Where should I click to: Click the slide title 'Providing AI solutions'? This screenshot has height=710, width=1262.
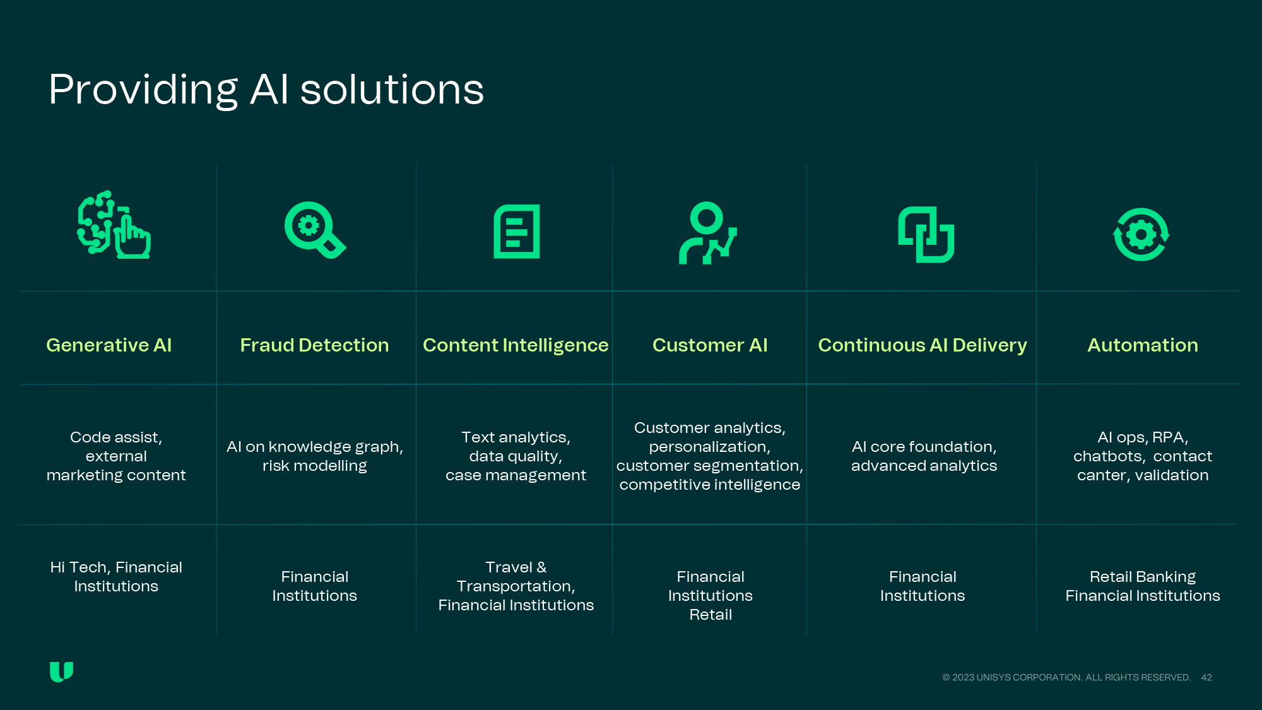pos(266,90)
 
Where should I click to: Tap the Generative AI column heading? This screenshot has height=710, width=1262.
pos(109,345)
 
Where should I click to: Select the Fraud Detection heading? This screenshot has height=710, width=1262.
pos(314,345)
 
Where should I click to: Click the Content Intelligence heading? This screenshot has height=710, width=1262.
pos(516,345)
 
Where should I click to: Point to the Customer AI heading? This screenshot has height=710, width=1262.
pos(710,345)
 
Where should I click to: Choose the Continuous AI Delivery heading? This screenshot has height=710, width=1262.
pos(923,345)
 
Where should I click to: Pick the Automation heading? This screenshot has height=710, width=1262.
pos(1142,345)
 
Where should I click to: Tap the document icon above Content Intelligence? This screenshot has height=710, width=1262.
pos(516,231)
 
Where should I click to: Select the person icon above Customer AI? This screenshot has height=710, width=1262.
pos(707,232)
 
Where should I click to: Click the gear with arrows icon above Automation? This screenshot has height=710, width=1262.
pos(1141,234)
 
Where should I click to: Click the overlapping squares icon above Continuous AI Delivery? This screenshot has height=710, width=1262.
pos(926,234)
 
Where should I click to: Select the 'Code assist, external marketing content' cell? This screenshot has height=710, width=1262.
pos(116,456)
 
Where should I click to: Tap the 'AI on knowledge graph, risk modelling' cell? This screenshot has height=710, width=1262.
pos(314,456)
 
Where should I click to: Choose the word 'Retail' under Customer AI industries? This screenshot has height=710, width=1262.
pos(711,615)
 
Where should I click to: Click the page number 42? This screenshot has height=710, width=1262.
pos(1206,677)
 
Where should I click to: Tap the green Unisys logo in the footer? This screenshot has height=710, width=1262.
pos(61,672)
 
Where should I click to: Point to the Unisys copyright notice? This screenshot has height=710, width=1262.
pos(1066,677)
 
